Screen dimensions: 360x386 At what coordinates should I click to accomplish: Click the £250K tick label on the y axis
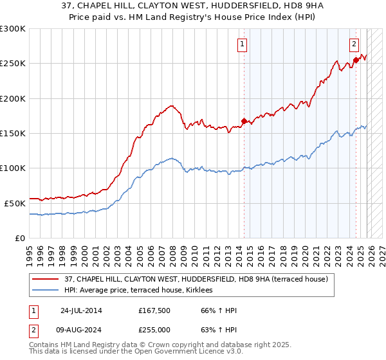point(13,64)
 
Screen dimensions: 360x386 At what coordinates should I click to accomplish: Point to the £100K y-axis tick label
point(13,168)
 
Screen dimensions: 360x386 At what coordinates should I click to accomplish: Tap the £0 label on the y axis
point(19,238)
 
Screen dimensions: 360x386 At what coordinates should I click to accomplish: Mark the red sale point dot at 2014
point(244,121)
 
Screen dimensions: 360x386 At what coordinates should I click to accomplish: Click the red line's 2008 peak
point(172,105)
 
